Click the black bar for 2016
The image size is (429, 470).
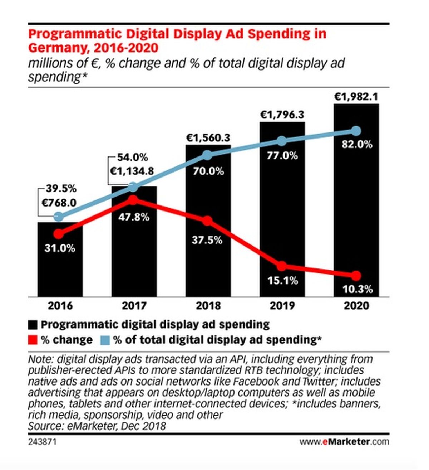[x=60, y=259]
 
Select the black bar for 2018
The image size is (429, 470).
[x=208, y=221]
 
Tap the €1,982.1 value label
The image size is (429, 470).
[x=356, y=97]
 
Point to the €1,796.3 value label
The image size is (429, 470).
[x=282, y=115]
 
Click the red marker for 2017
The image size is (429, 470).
[x=133, y=200]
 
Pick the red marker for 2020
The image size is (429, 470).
[x=356, y=276]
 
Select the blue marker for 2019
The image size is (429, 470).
[x=282, y=141]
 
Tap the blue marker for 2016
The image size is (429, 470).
[x=59, y=216]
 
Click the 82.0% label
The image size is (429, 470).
[x=357, y=144]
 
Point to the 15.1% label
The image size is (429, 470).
[x=283, y=280]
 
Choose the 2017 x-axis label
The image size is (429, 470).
[x=134, y=306]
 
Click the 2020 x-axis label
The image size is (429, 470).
[x=356, y=306]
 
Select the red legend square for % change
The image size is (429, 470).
[x=33, y=340]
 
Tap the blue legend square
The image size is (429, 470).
[x=105, y=340]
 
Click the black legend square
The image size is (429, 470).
[x=33, y=325]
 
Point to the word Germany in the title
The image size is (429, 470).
[x=58, y=48]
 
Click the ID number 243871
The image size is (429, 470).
[x=42, y=442]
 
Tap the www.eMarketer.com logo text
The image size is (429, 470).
[x=344, y=442]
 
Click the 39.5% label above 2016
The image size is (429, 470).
[x=61, y=188]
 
